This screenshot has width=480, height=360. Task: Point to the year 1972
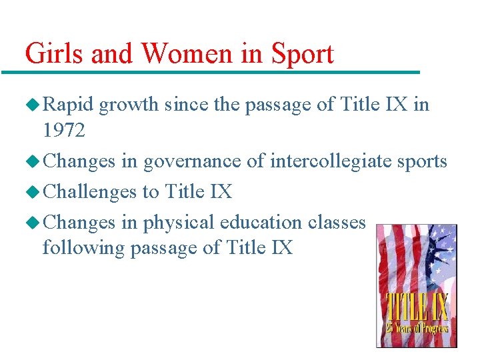tap(64, 131)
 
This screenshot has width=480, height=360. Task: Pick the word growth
tap(129, 105)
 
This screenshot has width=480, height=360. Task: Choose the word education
tap(263, 222)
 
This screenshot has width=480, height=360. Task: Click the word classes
tap(342, 222)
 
